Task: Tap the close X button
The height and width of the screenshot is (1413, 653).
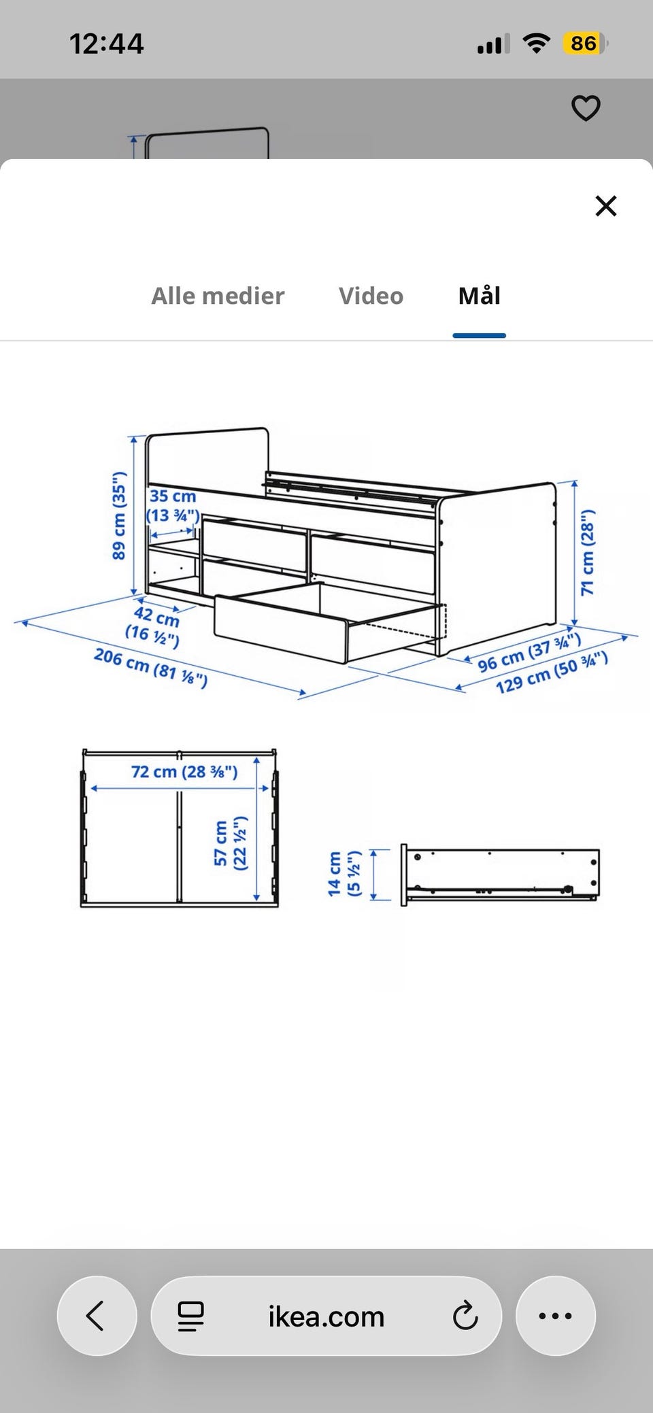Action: (x=605, y=205)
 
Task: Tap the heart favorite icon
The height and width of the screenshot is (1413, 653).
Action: (x=586, y=108)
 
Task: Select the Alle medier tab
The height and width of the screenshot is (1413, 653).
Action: (x=218, y=296)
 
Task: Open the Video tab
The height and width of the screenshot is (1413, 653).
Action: (x=371, y=296)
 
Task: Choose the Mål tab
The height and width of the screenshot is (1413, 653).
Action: (x=480, y=295)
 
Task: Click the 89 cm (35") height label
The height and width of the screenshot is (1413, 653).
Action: (x=119, y=515)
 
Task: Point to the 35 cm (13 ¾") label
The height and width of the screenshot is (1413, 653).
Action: (x=173, y=506)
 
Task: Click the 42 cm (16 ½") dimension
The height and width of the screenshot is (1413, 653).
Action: (x=154, y=626)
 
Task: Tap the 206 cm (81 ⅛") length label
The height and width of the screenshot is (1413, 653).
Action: (x=150, y=667)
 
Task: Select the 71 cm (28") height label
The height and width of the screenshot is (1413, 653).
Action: (x=588, y=551)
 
